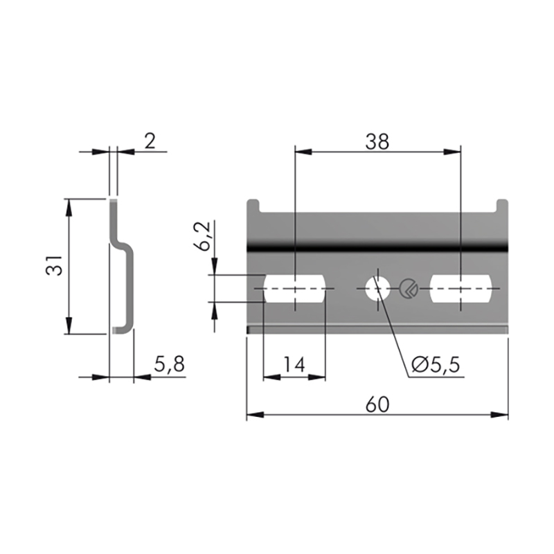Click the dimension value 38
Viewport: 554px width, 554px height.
click(x=377, y=142)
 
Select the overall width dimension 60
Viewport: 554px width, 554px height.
click(x=377, y=404)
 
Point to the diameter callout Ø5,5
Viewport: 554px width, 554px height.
click(x=436, y=364)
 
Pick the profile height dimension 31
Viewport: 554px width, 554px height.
click(x=54, y=265)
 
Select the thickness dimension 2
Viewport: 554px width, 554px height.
click(x=150, y=141)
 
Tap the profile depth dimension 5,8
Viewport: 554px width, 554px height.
click(x=169, y=364)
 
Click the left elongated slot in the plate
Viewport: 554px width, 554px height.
click(x=294, y=289)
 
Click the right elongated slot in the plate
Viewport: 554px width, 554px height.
click(x=461, y=289)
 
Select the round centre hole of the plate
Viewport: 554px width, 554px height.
click(x=377, y=289)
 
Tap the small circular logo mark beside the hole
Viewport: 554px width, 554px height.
click(x=409, y=289)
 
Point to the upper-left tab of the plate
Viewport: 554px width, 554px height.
click(x=253, y=206)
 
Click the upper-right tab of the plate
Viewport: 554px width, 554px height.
click(x=502, y=206)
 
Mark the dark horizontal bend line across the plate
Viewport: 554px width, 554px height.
click(x=377, y=247)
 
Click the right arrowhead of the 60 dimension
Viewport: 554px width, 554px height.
click(x=499, y=414)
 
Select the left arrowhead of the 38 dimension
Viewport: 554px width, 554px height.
click(x=303, y=152)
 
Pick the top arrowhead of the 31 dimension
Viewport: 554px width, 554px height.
click(x=69, y=208)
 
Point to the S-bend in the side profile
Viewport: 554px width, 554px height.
click(x=122, y=244)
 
